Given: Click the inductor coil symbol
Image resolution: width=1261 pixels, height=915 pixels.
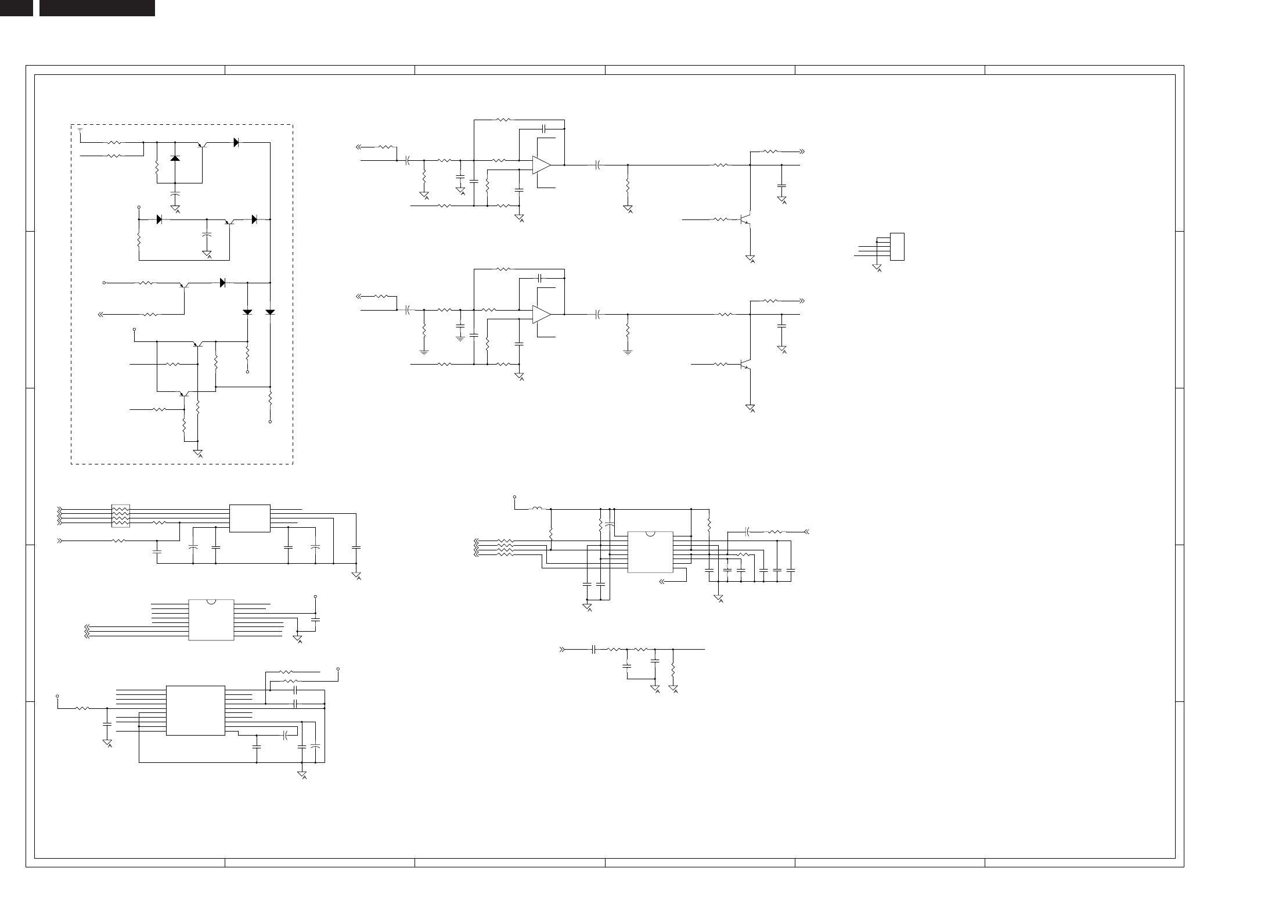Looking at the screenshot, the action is pos(538,509).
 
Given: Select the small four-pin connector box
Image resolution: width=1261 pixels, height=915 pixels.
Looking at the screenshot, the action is pos(897,247).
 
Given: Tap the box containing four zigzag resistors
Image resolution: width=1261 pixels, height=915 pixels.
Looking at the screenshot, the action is pos(120,516).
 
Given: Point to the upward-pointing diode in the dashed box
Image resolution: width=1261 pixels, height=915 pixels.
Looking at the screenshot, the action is pos(175,158).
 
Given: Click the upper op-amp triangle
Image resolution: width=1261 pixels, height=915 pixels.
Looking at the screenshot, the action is pos(541,165).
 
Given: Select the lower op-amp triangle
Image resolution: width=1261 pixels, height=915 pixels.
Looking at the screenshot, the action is pos(541,314).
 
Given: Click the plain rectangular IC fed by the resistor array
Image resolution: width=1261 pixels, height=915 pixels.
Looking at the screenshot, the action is pos(250,518).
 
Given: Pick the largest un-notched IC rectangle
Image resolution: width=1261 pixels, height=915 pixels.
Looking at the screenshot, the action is pos(195,710).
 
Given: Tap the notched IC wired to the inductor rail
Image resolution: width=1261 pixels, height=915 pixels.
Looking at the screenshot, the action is pos(650,552).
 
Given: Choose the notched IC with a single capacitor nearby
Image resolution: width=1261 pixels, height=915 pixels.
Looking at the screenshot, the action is pos(211,619).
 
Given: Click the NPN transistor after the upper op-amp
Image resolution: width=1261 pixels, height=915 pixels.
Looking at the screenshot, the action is pos(745,220).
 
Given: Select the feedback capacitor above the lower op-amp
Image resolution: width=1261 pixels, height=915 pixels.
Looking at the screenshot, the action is pos(541,278).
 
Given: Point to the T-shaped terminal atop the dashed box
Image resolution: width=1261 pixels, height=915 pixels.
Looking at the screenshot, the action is pos(80,131).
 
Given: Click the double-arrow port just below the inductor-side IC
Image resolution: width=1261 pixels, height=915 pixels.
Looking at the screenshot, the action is pos(663,579).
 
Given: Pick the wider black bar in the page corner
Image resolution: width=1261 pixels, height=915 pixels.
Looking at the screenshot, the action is pos(97,8).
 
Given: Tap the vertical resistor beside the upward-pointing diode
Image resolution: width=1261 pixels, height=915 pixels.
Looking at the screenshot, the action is pos(157,171).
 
